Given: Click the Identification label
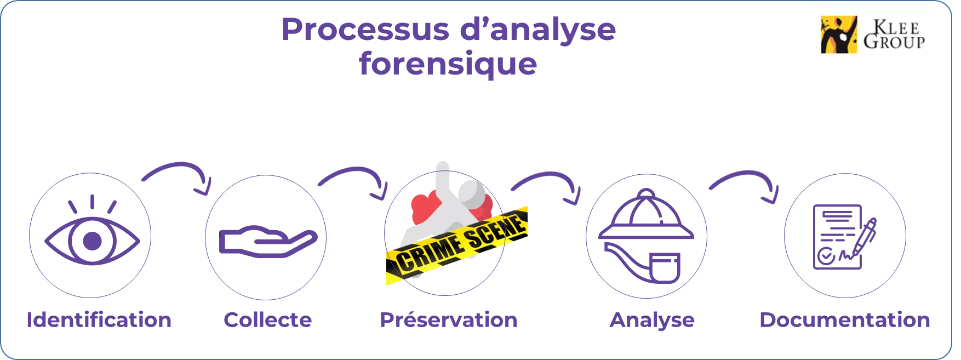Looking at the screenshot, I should pyautogui.click(x=99, y=321).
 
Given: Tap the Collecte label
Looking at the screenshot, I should pyautogui.click(x=268, y=321).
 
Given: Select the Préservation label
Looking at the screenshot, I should pyautogui.click(x=447, y=321).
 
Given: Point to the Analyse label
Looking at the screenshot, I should pyautogui.click(x=652, y=321).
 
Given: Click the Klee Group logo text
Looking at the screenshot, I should pyautogui.click(x=894, y=35).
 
